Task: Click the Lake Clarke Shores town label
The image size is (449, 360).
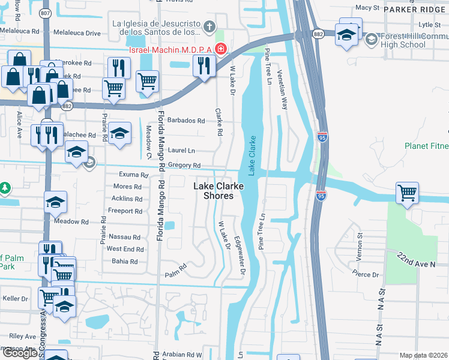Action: (x=218, y=191)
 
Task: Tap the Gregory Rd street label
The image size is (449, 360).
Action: (x=184, y=166)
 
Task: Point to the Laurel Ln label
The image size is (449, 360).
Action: (x=183, y=151)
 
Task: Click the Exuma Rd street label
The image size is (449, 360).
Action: (x=133, y=175)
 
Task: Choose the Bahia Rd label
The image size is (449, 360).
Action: (x=125, y=262)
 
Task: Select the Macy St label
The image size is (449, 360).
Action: (x=368, y=8)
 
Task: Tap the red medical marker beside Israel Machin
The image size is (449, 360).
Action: (x=221, y=48)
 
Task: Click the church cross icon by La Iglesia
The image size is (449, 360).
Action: (x=209, y=26)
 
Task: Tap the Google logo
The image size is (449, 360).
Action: (x=20, y=352)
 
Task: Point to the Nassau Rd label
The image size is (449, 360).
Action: (x=124, y=237)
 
